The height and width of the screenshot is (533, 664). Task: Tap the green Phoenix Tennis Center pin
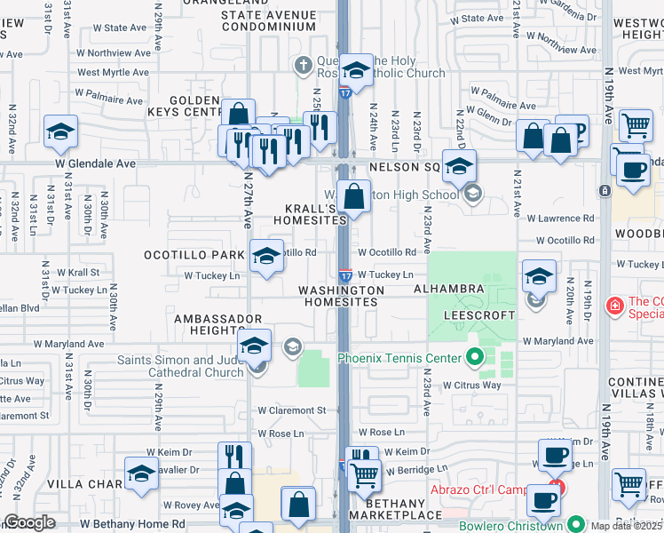(474, 358)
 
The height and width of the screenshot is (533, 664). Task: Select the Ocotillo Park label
(194, 255)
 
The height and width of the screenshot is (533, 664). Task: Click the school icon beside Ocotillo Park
(265, 256)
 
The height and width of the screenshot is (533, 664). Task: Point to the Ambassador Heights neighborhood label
(218, 324)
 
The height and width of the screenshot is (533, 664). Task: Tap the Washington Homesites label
(341, 296)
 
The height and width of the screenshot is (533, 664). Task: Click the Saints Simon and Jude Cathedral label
(181, 366)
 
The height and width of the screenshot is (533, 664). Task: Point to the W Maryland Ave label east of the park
(557, 340)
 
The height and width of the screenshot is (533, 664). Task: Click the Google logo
(29, 522)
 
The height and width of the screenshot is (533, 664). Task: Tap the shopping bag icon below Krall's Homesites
(353, 197)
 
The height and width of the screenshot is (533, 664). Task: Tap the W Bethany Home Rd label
(132, 524)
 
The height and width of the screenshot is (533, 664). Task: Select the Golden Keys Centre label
(190, 106)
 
